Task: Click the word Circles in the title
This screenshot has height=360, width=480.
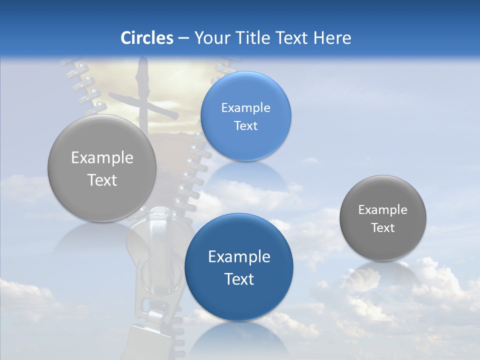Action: click(147, 38)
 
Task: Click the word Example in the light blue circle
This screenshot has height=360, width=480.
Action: click(246, 107)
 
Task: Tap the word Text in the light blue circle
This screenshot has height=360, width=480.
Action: click(246, 125)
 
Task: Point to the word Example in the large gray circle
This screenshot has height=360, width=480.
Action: click(102, 157)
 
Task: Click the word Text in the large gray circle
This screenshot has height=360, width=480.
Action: click(102, 180)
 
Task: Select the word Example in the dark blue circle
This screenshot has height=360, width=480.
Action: click(239, 256)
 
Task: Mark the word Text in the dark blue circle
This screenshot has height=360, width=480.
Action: click(239, 279)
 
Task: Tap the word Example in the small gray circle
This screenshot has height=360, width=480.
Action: click(383, 209)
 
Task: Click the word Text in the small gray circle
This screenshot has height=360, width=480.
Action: click(383, 228)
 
